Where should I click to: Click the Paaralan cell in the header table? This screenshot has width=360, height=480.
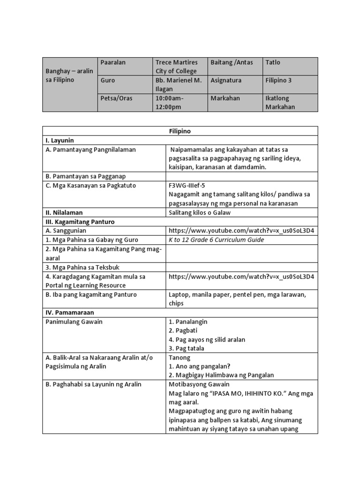(113, 62)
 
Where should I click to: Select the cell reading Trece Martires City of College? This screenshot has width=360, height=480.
(177, 67)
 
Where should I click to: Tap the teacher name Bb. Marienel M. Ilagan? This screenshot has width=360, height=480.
(179, 85)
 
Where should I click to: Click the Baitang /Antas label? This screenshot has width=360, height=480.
(232, 62)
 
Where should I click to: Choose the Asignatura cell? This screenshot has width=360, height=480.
(226, 80)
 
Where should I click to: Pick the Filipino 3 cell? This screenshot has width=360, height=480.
(278, 80)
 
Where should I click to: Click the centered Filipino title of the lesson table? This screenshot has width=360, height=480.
(180, 131)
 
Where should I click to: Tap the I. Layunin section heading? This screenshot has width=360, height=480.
(60, 140)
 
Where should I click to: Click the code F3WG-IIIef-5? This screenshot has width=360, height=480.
(186, 185)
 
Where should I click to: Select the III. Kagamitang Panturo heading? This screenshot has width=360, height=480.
(80, 221)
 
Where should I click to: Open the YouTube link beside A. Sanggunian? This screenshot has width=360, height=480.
(241, 231)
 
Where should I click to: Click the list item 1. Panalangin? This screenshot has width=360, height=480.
(187, 322)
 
